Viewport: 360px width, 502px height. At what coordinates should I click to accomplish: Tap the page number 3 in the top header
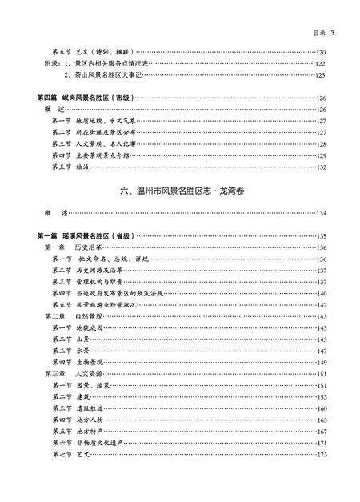[x=331, y=33]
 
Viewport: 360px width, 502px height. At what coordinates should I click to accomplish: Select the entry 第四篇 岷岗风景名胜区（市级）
[x=88, y=98]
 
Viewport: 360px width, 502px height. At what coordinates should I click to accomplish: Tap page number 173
[x=322, y=454]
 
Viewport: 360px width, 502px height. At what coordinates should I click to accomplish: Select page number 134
[x=322, y=214]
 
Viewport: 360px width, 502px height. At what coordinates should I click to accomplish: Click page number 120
[x=322, y=51]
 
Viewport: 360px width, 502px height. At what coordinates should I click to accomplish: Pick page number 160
[x=322, y=408]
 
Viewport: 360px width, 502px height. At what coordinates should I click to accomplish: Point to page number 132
[x=322, y=167]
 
